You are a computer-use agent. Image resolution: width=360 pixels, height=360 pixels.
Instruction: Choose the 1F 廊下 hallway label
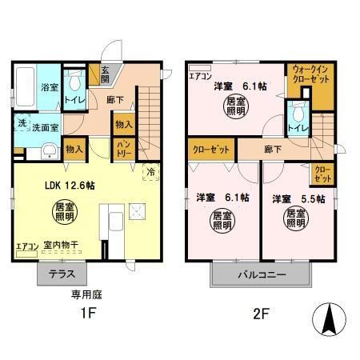point(114,99)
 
